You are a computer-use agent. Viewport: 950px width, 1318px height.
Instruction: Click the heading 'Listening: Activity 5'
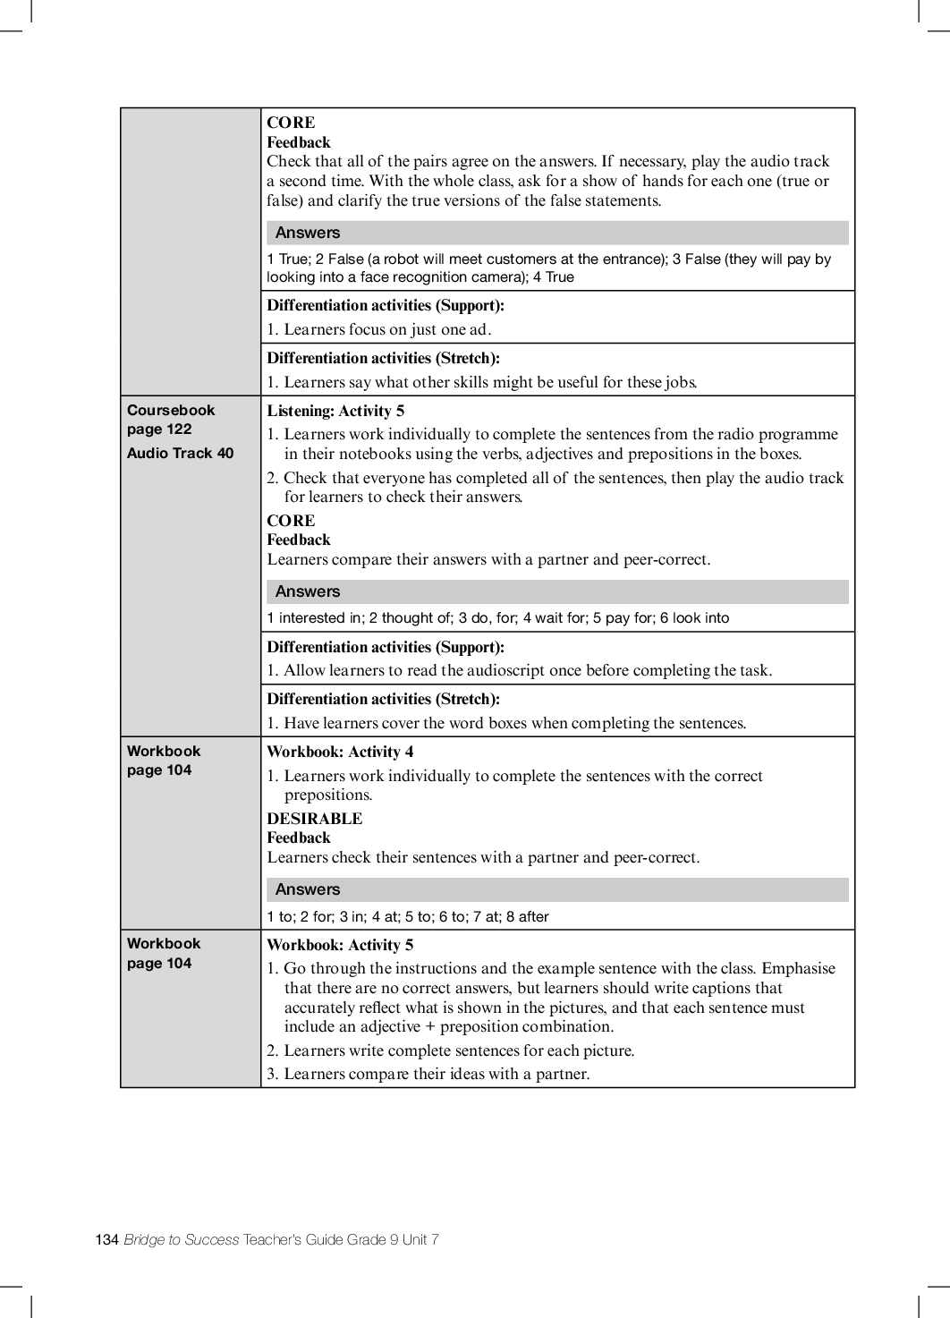(335, 411)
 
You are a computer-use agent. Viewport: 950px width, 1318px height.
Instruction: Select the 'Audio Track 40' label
(180, 453)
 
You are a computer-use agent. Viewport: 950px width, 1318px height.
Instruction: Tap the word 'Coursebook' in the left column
(171, 410)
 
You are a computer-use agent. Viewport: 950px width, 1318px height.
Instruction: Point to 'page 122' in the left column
(159, 429)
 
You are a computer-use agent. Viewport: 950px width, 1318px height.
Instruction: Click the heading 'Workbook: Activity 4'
(340, 752)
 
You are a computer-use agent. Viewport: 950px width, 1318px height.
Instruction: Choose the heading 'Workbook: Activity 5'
(340, 945)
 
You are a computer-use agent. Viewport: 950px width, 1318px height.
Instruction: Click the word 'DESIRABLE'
(315, 819)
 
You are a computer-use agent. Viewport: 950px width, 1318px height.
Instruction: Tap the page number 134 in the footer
(106, 1239)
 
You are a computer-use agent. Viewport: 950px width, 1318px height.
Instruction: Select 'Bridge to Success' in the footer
(182, 1239)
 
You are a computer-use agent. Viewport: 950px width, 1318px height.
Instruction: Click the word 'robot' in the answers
(401, 259)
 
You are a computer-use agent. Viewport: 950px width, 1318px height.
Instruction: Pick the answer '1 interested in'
(313, 617)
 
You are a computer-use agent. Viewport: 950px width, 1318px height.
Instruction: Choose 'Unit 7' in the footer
(420, 1239)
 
